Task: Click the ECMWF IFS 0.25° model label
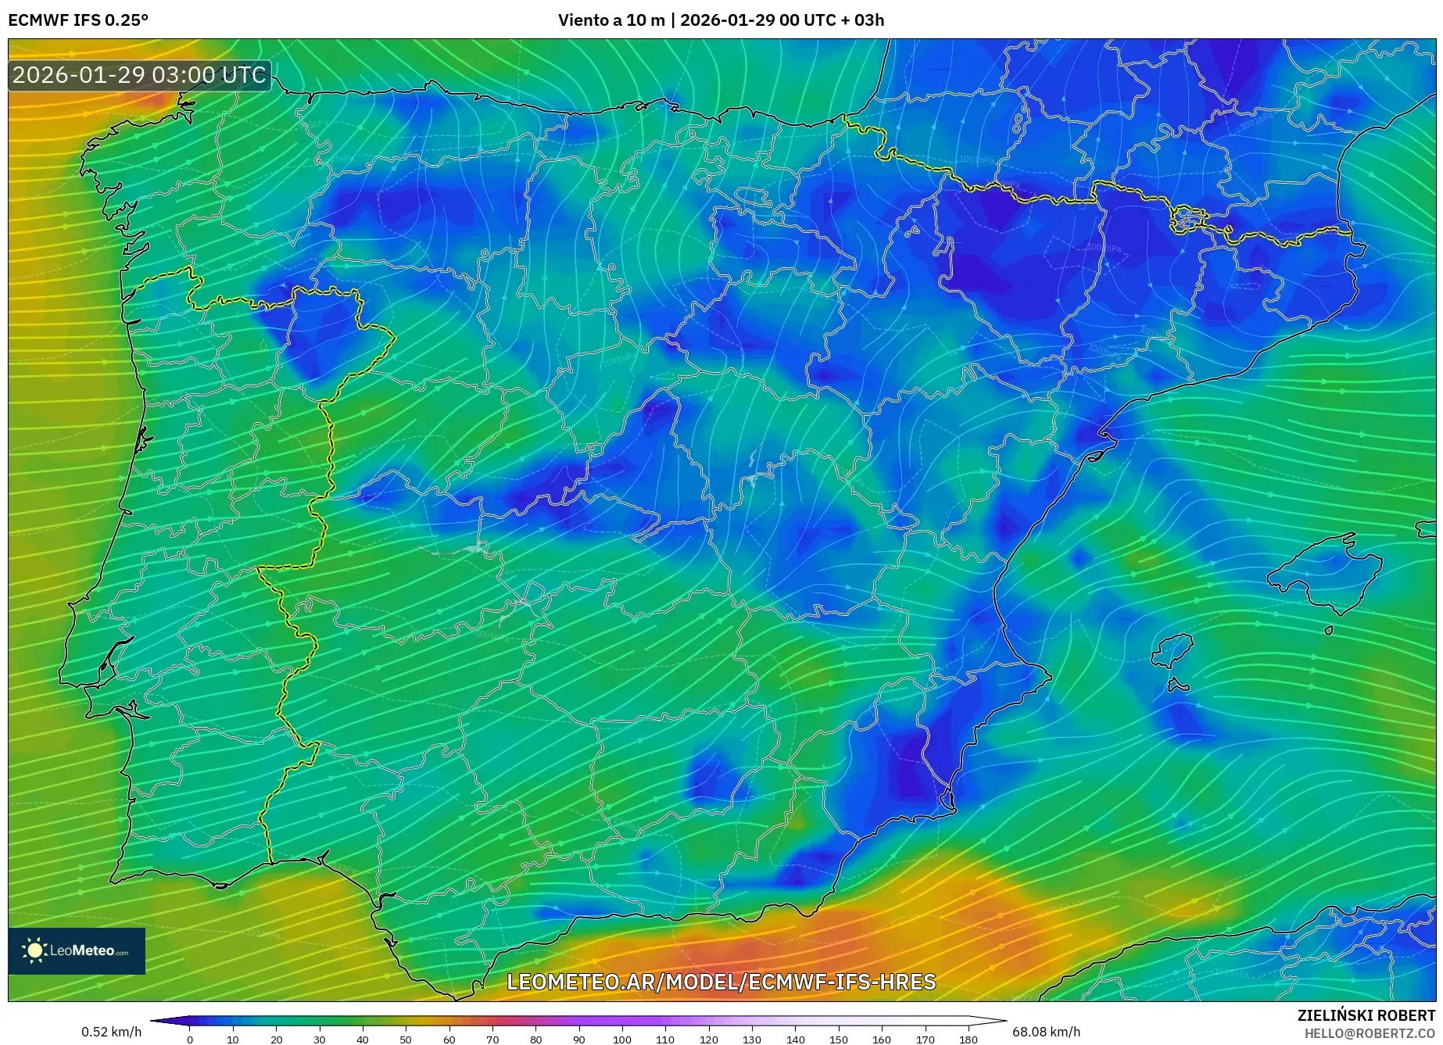tap(78, 20)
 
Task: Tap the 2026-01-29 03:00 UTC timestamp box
tap(139, 75)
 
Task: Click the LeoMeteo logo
tap(77, 950)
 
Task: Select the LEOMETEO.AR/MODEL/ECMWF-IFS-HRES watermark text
tap(721, 982)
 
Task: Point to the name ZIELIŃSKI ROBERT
tap(1366, 1015)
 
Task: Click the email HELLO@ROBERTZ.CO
tap(1369, 1033)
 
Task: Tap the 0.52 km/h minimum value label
tap(111, 1032)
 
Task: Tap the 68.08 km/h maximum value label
tap(1046, 1032)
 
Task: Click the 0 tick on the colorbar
tap(190, 1039)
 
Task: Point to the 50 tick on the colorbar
tap(406, 1039)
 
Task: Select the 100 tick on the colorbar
tap(622, 1039)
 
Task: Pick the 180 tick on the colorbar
tap(968, 1039)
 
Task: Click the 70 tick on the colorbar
tap(492, 1039)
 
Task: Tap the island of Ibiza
tap(1173, 650)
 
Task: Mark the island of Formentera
tap(1178, 686)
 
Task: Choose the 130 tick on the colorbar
tap(752, 1039)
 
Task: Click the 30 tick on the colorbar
tap(320, 1039)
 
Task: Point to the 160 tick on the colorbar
tap(882, 1039)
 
